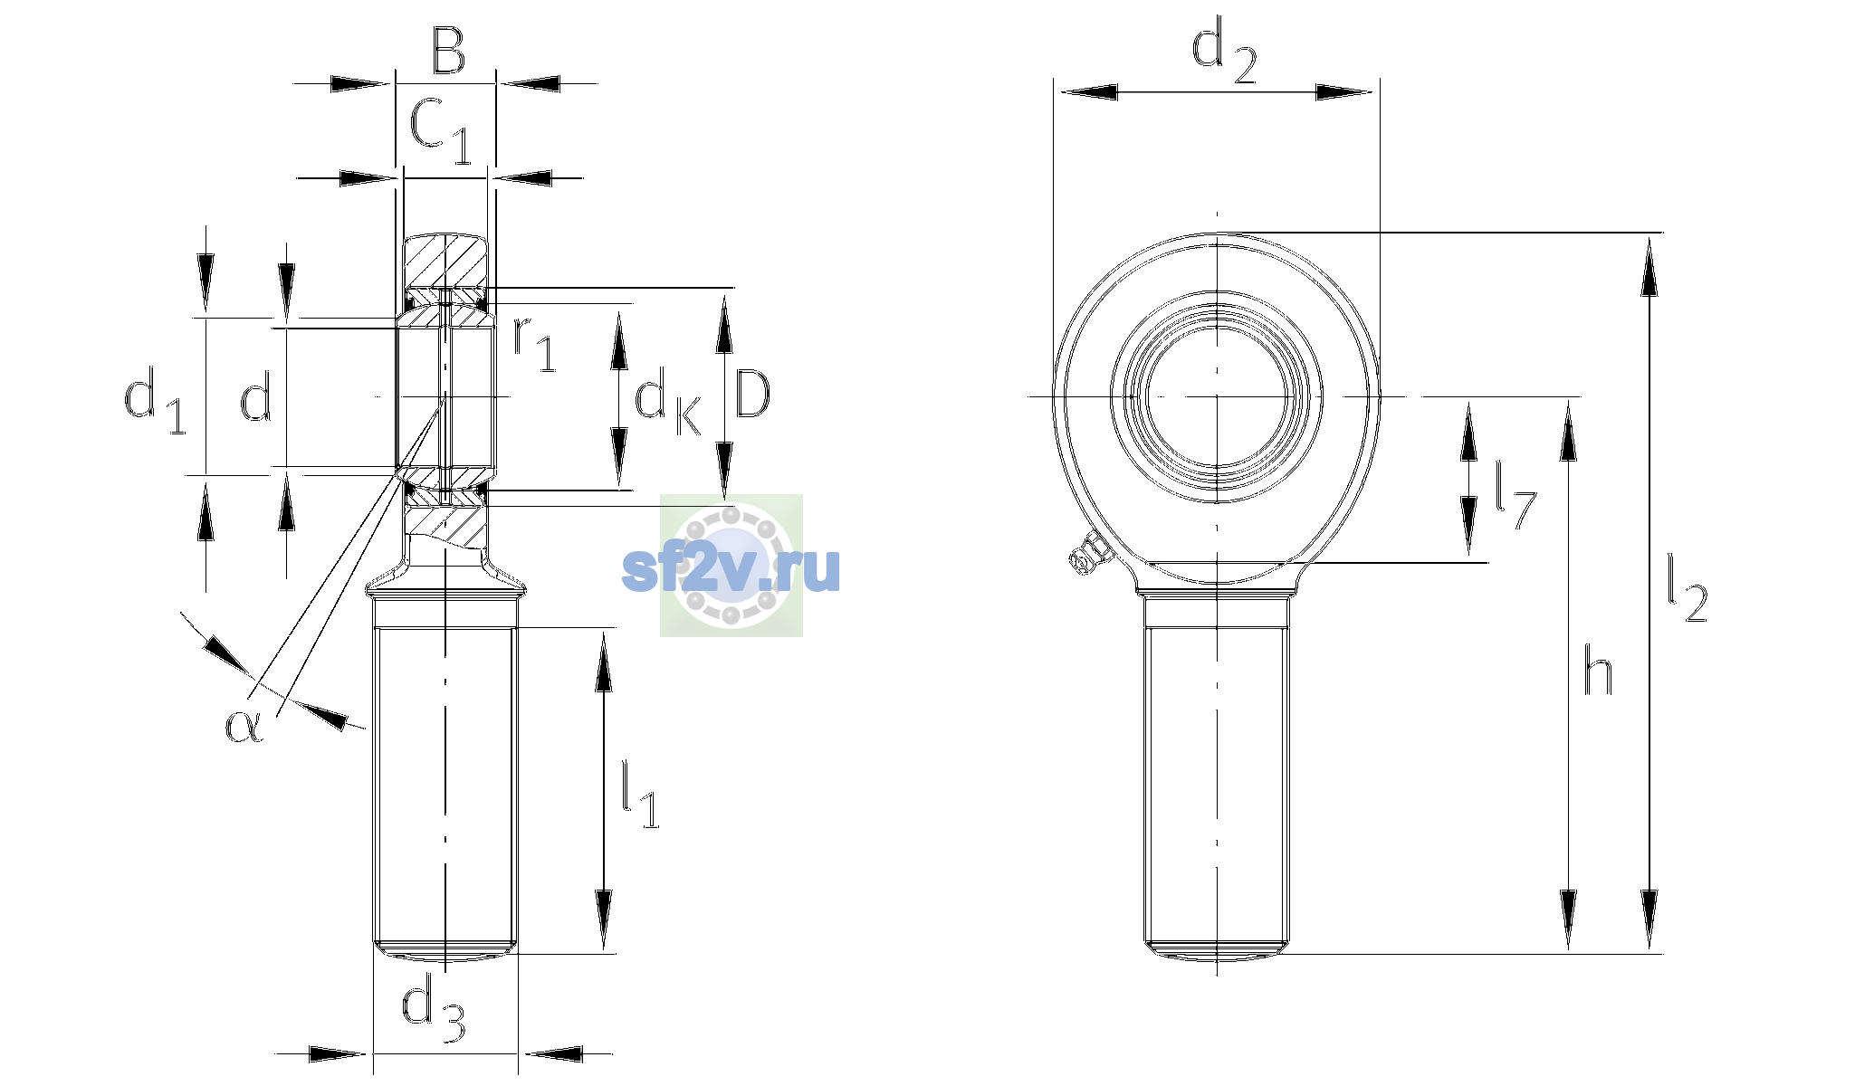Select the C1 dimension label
point(441,131)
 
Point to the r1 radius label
point(535,345)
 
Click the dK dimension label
point(668,401)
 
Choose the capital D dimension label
point(752,395)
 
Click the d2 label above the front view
point(1224,53)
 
